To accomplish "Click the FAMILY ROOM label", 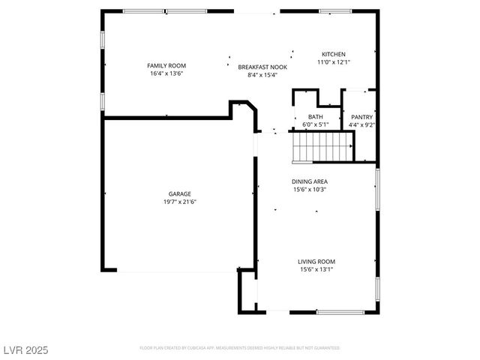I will [166, 66].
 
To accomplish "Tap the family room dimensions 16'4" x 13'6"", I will [166, 73].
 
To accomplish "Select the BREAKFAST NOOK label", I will [258, 67].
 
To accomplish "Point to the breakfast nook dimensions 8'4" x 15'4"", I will [258, 74].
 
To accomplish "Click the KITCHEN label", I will [334, 55].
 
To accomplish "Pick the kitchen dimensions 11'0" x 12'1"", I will [334, 62].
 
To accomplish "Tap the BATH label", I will [315, 117].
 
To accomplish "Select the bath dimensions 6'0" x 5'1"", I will [315, 124].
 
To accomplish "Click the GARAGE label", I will [180, 193].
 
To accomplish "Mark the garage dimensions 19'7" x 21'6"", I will [180, 201].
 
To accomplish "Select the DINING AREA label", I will [310, 181].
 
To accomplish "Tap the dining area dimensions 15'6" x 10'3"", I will [310, 189].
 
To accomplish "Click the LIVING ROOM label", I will [316, 261].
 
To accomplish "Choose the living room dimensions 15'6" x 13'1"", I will [316, 268].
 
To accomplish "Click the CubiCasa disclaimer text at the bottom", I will [239, 348].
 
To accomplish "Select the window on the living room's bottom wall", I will [340, 312].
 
